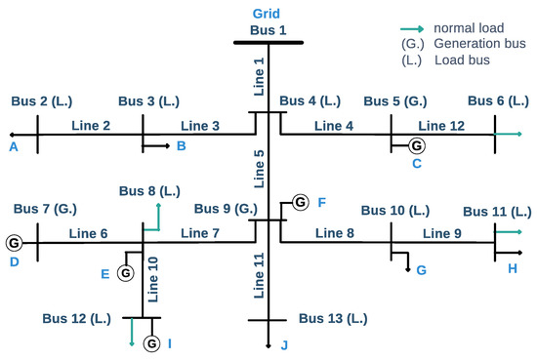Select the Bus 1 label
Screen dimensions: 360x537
point(268,30)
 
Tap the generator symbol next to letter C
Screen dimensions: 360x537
point(417,145)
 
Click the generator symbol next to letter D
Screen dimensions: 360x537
point(14,242)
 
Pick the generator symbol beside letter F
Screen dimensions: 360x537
point(300,202)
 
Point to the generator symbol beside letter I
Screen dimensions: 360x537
point(151,342)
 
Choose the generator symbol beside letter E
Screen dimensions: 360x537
point(125,273)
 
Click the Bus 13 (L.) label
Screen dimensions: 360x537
point(333,318)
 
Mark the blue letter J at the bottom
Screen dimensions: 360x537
point(284,344)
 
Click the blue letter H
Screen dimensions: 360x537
point(514,267)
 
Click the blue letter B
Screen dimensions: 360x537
point(181,146)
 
